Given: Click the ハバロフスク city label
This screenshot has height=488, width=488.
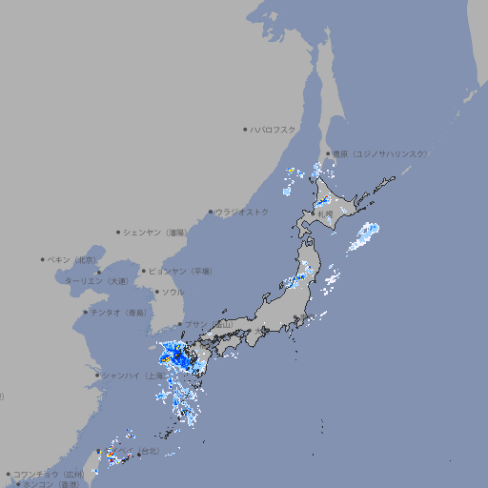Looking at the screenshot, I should (274, 130).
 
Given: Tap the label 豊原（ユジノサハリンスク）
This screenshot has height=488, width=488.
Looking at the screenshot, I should (379, 153).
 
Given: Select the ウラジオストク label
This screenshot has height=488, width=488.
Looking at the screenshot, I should (242, 212).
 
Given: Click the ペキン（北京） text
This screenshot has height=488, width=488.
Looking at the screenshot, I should (73, 259).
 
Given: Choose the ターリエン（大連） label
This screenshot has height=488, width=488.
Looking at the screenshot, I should (95, 281).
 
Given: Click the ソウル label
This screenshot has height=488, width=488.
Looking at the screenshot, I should (173, 293).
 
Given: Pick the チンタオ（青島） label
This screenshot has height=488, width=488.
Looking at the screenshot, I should (119, 313).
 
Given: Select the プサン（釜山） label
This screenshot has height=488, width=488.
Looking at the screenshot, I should (209, 325).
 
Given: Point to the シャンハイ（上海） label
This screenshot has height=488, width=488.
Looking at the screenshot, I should (131, 376).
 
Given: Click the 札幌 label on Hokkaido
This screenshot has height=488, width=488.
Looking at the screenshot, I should (326, 214).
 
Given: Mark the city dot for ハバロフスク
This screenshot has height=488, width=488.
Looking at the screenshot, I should (245, 129).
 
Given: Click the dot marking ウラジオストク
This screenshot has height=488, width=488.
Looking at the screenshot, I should (211, 212).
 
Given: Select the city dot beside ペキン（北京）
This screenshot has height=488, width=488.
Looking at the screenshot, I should (43, 259).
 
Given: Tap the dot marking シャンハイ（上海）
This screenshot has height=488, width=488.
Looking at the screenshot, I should (97, 376).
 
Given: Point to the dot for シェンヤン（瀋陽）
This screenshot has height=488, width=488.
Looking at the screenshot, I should (119, 232).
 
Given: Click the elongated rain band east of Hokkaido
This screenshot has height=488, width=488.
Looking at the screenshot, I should (363, 235).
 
